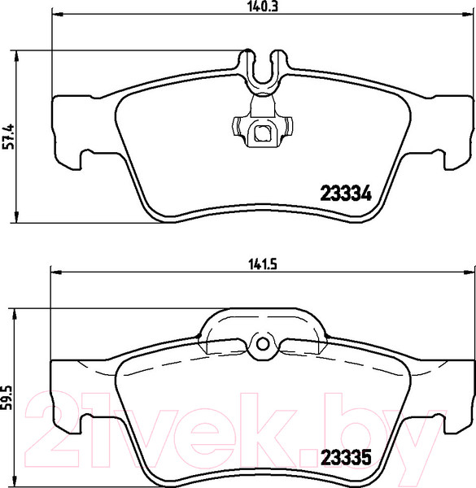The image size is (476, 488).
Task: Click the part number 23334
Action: pyautogui.click(x=344, y=194)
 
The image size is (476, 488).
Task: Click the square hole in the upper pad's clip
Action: pyautogui.click(x=262, y=133)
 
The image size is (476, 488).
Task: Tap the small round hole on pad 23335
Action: pyautogui.click(x=262, y=344)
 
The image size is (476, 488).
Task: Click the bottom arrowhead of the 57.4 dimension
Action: pyautogui.click(x=19, y=218)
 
